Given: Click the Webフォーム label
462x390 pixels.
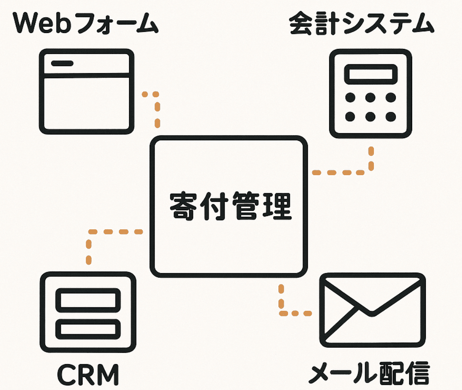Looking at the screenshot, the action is pos(86,23).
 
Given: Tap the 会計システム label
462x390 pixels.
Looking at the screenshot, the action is pos(362,23).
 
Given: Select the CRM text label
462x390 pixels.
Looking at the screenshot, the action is pos(88,375).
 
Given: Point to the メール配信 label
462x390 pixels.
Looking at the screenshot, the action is pos(369,373).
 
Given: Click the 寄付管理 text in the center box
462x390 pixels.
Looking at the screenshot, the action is pos(231,206).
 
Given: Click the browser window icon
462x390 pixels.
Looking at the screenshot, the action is pos(87,92).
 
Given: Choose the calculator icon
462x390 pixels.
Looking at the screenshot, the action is pos(370,93).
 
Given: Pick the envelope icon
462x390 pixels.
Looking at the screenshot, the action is pos(373,310).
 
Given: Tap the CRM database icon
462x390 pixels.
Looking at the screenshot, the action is pos(88,312).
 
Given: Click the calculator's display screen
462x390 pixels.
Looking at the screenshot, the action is pos(371,74).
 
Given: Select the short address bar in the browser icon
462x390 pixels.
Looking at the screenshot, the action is pos(62,63).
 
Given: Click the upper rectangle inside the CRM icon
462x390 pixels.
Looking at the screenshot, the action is pos(88,300).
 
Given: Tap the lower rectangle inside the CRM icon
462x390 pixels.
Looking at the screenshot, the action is pos(88,329).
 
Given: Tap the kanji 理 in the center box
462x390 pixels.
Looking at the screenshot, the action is pos(277,206).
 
